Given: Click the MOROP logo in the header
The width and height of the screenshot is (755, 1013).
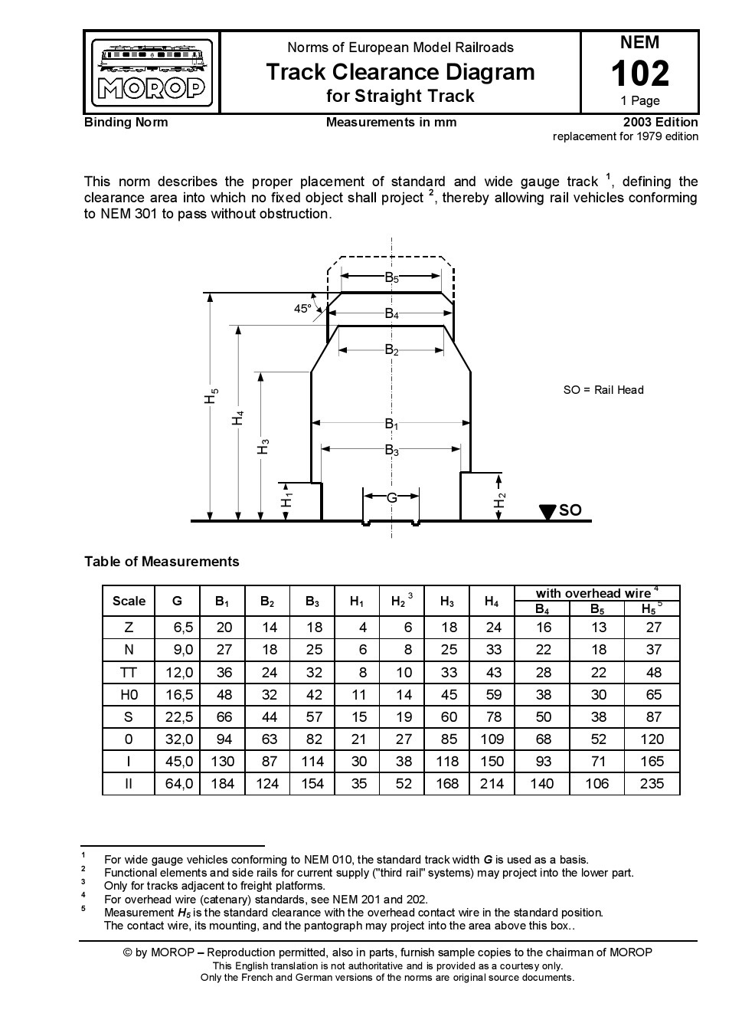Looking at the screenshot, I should click(x=152, y=73).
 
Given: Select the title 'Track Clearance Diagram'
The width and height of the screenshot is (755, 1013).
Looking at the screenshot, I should click(x=400, y=72).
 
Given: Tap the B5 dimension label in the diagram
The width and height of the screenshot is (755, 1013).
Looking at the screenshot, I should click(x=391, y=277).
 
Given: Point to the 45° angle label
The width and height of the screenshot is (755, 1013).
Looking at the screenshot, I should click(x=303, y=309).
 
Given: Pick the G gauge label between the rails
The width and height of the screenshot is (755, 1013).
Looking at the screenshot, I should click(x=391, y=497).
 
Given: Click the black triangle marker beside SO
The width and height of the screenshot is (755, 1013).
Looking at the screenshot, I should click(x=547, y=511).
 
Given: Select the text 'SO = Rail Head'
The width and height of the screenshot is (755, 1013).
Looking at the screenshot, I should click(x=603, y=389).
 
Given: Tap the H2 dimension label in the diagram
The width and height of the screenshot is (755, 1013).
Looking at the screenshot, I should click(x=500, y=501).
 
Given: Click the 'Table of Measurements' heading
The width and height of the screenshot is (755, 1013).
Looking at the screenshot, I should click(x=162, y=562).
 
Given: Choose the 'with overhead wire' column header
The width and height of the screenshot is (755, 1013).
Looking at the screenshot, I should click(x=594, y=593).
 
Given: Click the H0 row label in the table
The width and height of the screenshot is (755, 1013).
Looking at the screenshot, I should click(x=129, y=694).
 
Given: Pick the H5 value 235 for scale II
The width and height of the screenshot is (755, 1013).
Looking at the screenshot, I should click(x=651, y=783).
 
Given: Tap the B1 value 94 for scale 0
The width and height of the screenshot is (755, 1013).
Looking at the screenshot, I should click(x=223, y=739).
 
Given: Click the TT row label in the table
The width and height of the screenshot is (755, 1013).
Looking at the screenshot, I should click(x=129, y=672).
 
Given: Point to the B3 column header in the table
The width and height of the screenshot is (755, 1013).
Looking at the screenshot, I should click(x=312, y=602).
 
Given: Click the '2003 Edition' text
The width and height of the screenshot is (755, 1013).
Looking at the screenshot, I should click(x=660, y=122).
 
